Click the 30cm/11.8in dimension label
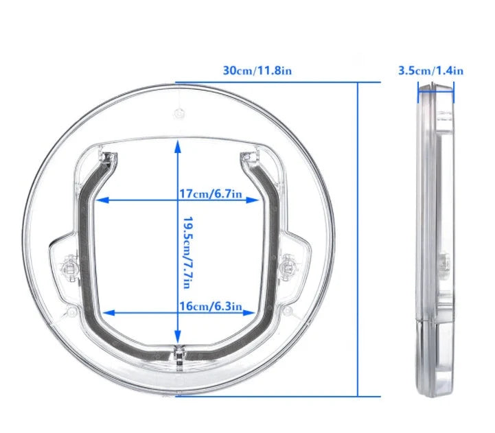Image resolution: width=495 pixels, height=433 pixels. tap(258, 71)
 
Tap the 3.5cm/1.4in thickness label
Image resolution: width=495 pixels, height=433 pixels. tap(431, 70)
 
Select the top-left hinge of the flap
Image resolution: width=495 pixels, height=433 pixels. tap(106, 159)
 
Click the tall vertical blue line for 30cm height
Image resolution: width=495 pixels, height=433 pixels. tap(358, 240)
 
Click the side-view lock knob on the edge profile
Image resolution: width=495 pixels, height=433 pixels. tap(444, 261)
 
